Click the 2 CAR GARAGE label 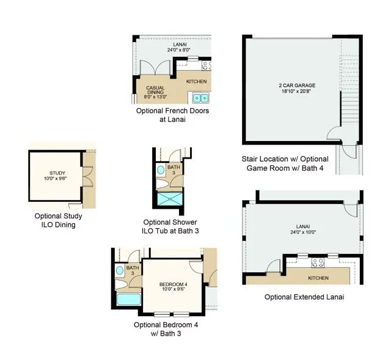[297, 85]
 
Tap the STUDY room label [57, 173]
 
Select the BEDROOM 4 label [174, 284]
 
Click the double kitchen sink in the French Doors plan [201, 98]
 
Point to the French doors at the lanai [155, 68]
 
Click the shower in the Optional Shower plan [170, 199]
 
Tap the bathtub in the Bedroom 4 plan [129, 300]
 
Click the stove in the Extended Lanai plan [318, 262]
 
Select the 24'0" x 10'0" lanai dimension [303, 232]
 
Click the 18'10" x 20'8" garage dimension [297, 91]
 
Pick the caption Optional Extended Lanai [304, 297]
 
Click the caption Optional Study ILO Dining [59, 220]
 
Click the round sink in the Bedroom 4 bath [120, 270]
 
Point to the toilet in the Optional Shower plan [163, 184]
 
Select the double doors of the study [88, 176]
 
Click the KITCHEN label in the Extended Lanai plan [318, 278]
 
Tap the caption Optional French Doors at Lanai [172, 115]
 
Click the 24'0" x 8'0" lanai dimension [179, 50]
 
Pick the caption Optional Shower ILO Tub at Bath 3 [170, 226]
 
